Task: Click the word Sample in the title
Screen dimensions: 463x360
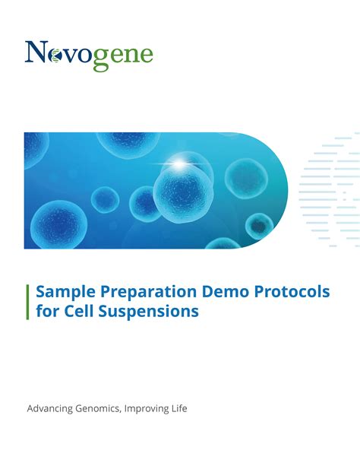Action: pos(63,293)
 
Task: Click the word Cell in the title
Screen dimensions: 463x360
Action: pos(79,311)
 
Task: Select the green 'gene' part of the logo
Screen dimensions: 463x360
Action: pos(124,56)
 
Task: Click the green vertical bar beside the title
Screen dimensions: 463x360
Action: pos(28,302)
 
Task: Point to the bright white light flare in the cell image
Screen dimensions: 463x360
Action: pos(181,162)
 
